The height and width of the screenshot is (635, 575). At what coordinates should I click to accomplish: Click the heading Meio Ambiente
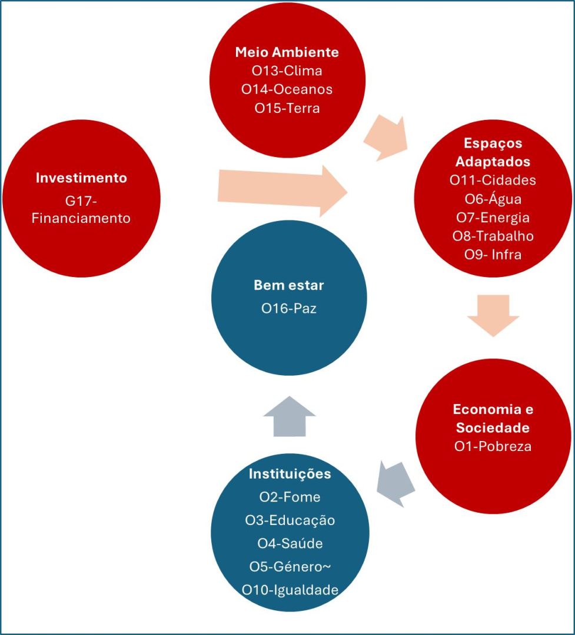click(x=287, y=52)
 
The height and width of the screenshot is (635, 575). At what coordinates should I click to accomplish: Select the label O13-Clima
click(x=287, y=71)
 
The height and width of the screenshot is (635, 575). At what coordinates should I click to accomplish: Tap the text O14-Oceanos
click(x=287, y=89)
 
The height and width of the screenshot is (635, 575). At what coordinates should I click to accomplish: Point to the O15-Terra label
click(x=287, y=108)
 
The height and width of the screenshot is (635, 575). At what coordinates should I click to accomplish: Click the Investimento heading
click(x=81, y=178)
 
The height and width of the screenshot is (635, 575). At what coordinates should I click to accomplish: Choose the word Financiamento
click(x=81, y=219)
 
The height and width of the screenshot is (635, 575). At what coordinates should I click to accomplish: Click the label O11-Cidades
click(x=493, y=181)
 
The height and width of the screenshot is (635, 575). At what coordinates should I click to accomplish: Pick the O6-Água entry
click(x=493, y=199)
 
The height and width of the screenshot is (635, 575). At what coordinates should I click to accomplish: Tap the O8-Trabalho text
click(x=493, y=236)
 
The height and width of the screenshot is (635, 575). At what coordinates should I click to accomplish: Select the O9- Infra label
click(x=493, y=255)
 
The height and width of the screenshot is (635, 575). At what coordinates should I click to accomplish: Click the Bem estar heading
click(x=289, y=286)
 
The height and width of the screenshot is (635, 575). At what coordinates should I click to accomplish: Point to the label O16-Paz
click(x=289, y=308)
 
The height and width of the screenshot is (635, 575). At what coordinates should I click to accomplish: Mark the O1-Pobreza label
click(x=493, y=446)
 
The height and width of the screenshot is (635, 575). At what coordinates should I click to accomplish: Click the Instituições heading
click(x=290, y=474)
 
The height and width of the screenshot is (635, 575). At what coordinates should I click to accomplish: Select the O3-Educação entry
click(x=290, y=520)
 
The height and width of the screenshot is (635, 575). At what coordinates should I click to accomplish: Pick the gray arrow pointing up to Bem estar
click(x=290, y=415)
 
